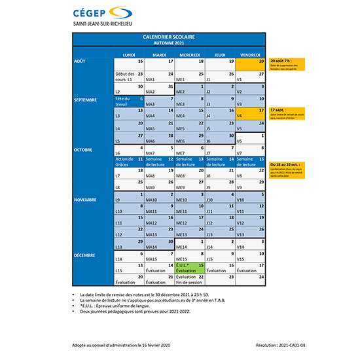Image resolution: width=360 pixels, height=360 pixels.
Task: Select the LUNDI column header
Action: click(x=129, y=54)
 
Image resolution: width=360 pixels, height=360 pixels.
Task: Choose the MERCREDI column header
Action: click(x=190, y=54)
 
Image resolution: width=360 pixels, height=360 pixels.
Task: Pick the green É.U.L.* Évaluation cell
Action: click(x=190, y=267)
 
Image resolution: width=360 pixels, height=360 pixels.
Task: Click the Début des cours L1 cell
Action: click(x=129, y=76)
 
